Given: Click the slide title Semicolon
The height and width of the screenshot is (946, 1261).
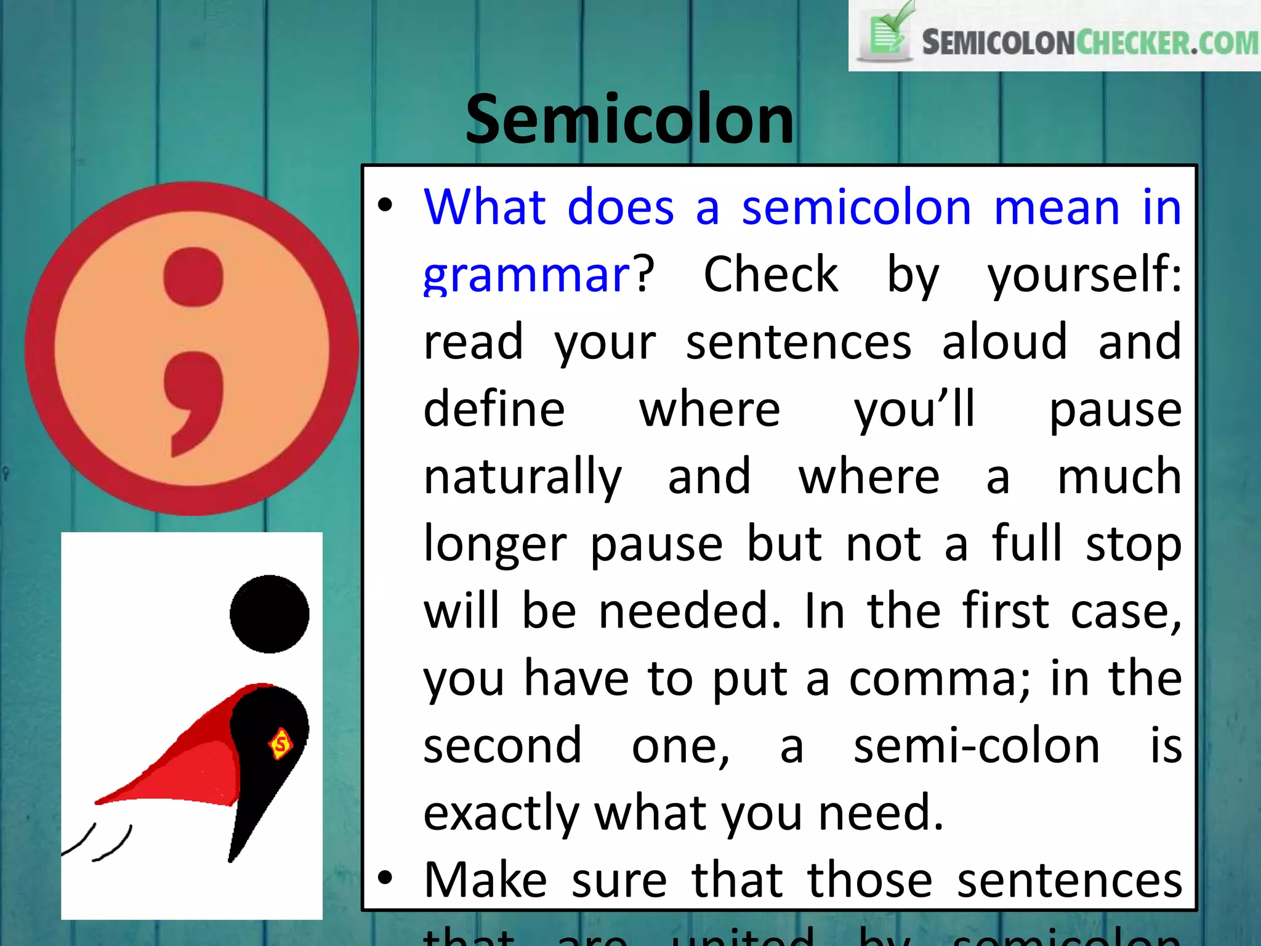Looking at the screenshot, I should [x=629, y=119].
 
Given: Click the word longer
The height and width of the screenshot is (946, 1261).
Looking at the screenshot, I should [x=495, y=544].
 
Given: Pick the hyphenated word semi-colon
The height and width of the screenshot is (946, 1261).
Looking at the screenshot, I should [x=976, y=746].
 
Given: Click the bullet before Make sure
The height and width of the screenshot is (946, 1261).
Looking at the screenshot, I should [x=385, y=878].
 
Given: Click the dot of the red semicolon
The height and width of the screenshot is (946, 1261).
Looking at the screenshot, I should [x=193, y=277].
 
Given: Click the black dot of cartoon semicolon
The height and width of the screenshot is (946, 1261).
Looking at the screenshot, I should [x=270, y=613].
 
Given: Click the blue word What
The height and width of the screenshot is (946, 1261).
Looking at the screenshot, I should [x=485, y=207].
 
